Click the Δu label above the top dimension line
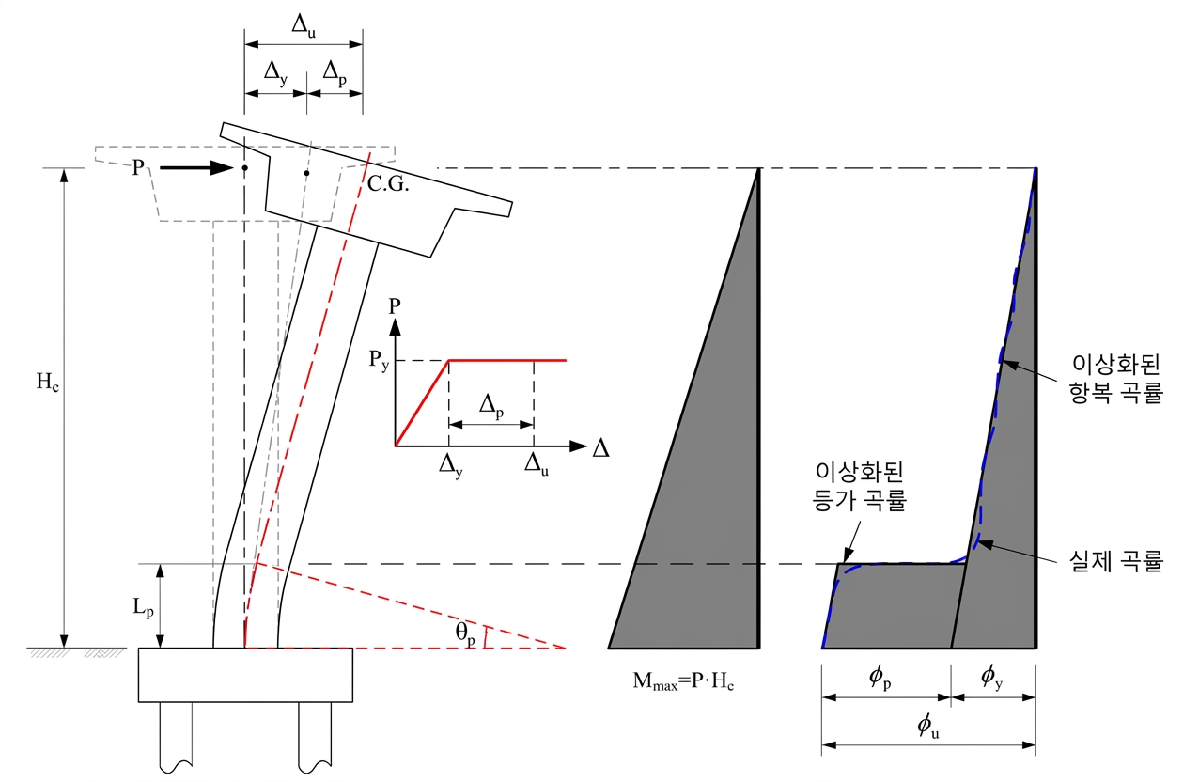(304, 26)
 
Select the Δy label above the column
(275, 73)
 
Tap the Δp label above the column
(335, 73)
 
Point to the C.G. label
(388, 184)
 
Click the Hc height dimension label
(48, 382)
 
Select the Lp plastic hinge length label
(144, 607)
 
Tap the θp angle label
(465, 634)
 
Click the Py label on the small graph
(379, 360)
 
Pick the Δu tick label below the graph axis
(537, 463)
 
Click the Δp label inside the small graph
(491, 406)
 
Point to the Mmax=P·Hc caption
(683, 681)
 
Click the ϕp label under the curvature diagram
(880, 678)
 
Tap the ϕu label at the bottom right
(928, 727)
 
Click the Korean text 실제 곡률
(1116, 561)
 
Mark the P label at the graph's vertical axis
(395, 306)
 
